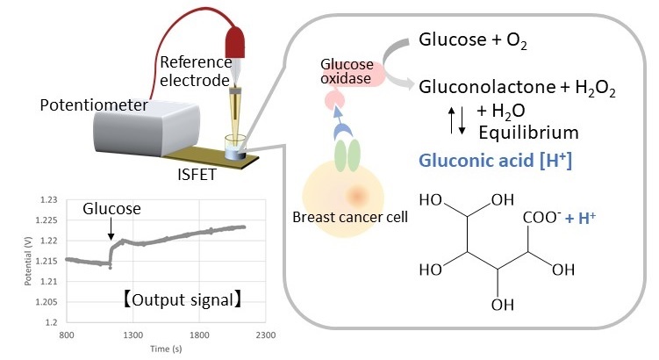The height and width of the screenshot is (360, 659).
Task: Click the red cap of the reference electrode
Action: pos(235,42)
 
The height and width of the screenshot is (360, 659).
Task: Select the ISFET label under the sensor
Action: pos(197,174)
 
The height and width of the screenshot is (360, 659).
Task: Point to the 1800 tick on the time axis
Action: pos(199,335)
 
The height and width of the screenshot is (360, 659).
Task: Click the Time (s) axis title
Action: pos(166,349)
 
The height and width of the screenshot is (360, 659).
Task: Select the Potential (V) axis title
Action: pos(28,261)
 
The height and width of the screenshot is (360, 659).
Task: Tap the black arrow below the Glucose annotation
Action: pos(111,229)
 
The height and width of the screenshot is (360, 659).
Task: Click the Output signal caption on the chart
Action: pos(182,300)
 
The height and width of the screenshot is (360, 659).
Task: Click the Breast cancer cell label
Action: pos(350,217)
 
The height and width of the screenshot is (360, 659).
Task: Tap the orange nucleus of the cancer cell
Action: pos(357,196)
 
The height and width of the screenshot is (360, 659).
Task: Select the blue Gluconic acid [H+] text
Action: pos(496,160)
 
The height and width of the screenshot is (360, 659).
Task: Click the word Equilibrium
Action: pos(529,133)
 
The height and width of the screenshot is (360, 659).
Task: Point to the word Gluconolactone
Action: pos(487,87)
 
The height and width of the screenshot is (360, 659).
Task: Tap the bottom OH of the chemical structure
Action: pos(503,305)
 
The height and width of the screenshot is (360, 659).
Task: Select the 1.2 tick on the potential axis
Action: pos(51,322)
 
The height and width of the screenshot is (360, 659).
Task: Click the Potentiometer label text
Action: pos(94,104)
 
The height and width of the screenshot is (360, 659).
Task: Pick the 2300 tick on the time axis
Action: pos(266,335)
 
